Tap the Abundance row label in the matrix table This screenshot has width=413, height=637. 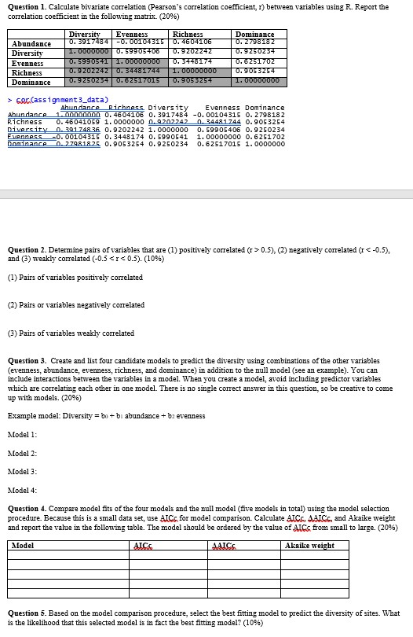click(x=32, y=44)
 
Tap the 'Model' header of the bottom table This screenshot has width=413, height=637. click(x=24, y=546)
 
